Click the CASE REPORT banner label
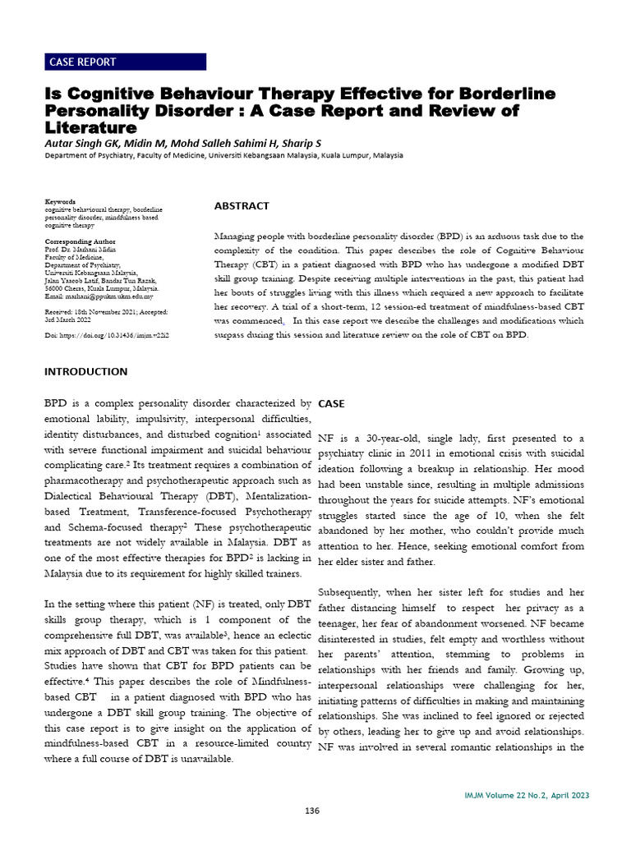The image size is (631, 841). (83, 62)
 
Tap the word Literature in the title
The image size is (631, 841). (90, 127)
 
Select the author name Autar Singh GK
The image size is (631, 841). (85, 144)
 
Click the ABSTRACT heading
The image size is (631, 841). (242, 206)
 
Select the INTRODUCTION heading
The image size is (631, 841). (85, 371)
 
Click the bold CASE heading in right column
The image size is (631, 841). (331, 405)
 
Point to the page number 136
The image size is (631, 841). (311, 811)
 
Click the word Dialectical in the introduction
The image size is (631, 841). (79, 497)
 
